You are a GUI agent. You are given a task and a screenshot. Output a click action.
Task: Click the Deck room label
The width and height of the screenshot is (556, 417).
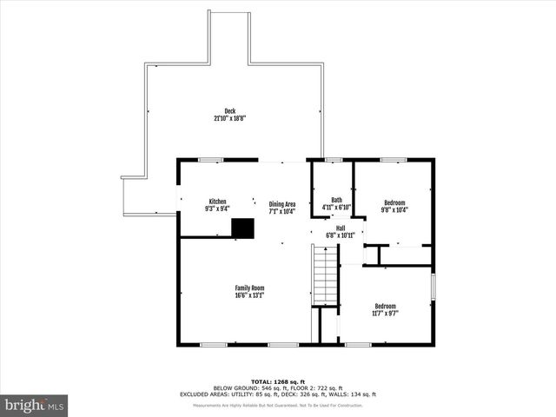[x=230, y=110]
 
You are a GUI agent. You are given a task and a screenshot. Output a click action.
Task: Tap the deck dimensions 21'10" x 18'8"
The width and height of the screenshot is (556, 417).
[x=230, y=117]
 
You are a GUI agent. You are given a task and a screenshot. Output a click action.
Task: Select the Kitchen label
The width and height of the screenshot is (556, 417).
[x=217, y=202]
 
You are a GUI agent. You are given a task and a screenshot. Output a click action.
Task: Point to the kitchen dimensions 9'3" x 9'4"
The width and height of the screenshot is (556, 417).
[x=217, y=208]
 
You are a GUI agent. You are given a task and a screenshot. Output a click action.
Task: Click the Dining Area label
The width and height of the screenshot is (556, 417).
[x=282, y=204]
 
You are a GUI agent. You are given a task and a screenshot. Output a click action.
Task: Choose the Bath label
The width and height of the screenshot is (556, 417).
[x=336, y=200]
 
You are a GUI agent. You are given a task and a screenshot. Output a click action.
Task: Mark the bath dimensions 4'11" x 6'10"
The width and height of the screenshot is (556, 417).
[x=336, y=207]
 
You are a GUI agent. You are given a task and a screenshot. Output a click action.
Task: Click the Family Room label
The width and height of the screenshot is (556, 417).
[x=249, y=288]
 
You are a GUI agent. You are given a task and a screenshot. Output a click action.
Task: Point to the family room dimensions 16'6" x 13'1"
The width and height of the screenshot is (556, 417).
[x=249, y=295]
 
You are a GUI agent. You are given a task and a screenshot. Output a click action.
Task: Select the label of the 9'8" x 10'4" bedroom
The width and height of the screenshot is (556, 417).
[x=394, y=202]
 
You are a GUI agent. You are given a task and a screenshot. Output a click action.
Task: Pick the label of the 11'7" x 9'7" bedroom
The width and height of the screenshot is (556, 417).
[x=385, y=306]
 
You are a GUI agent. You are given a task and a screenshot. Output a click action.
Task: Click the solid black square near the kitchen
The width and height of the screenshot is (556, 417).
[x=243, y=227]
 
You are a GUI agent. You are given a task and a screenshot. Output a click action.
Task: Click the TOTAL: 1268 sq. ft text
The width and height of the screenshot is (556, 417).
[x=278, y=381]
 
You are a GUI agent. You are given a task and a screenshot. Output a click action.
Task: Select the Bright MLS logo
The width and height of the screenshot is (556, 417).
[x=35, y=405]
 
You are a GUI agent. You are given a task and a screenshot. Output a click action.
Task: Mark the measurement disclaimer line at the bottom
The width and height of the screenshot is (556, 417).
[x=278, y=406]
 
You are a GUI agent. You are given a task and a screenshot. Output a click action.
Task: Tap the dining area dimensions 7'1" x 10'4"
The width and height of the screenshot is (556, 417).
[x=282, y=211]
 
